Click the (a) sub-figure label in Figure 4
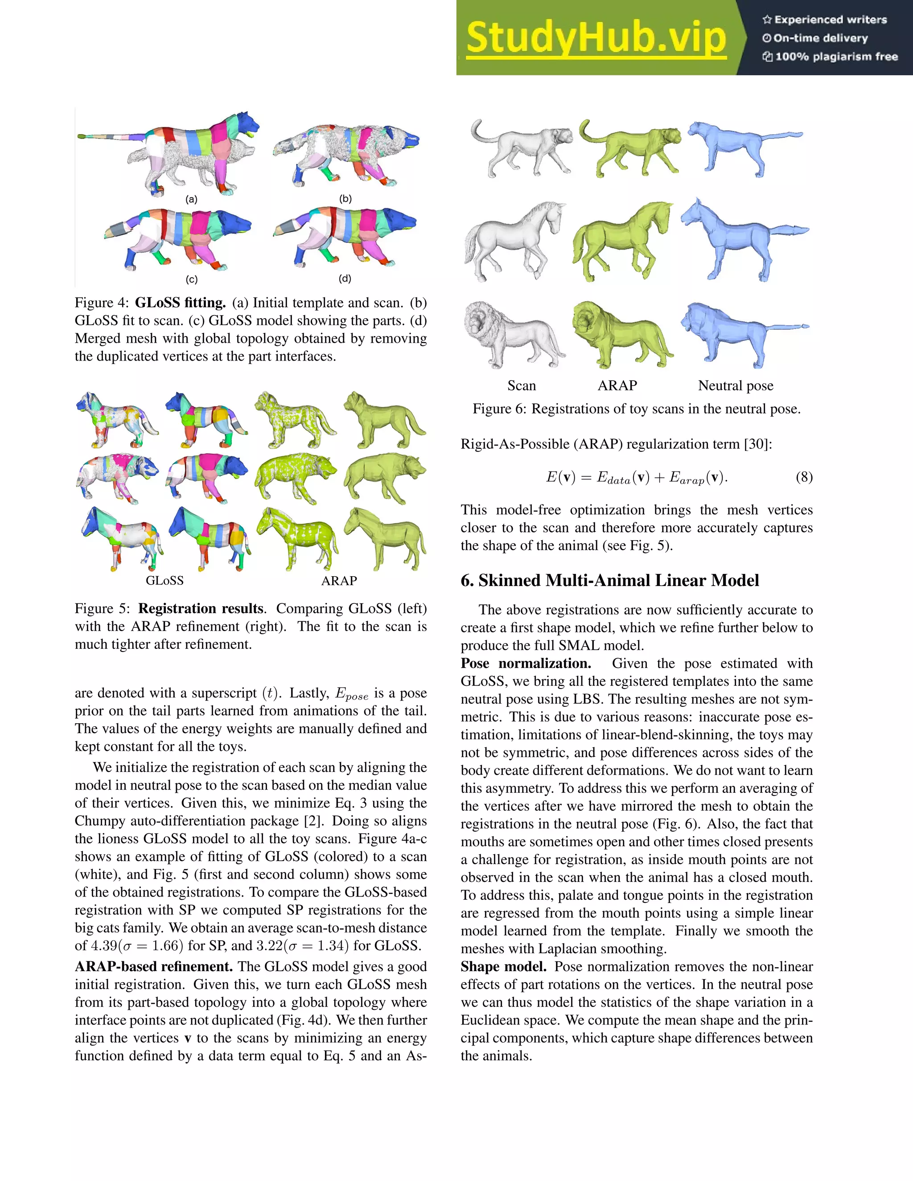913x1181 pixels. coord(191,199)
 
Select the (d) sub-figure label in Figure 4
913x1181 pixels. coord(345,279)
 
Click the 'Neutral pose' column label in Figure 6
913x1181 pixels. coord(736,385)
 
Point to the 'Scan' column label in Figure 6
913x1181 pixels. coord(522,385)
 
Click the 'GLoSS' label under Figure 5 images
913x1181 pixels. coord(165,580)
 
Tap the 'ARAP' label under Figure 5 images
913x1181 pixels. coord(339,580)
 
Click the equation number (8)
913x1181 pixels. coord(804,477)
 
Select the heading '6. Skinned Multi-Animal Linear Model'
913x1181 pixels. coord(609,580)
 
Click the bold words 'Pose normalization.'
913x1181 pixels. coord(526,664)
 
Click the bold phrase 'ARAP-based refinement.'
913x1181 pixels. coord(154,966)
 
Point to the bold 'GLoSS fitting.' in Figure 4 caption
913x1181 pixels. coord(180,303)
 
